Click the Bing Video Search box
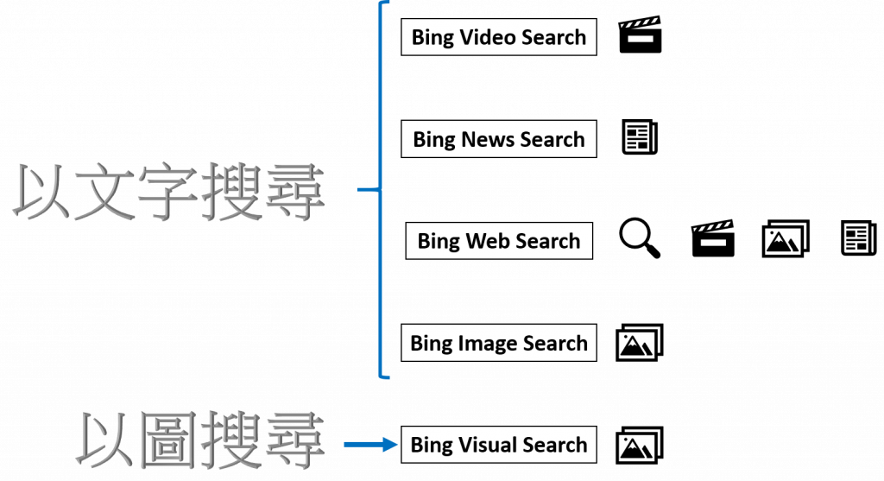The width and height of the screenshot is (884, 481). coord(499,37)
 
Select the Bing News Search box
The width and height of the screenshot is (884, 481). coord(499,139)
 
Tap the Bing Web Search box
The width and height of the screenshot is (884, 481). coord(499,241)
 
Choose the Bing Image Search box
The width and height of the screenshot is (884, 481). coord(499,343)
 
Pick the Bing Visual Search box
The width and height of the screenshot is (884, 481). coord(499,445)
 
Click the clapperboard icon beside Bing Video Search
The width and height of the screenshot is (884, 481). coord(640,35)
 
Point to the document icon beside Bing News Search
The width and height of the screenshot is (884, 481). coord(641,138)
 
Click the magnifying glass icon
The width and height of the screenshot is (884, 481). coord(641,239)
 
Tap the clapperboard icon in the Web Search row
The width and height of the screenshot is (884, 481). coord(713,238)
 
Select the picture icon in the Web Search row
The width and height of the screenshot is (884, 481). coord(786,239)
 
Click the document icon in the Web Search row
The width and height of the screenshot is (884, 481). coord(859,238)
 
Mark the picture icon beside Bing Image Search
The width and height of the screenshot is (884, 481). coord(640,343)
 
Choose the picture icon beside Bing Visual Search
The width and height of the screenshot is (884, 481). coord(640,446)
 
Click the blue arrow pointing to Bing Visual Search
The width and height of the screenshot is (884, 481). coord(371,446)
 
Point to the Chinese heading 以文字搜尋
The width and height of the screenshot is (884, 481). coord(173,191)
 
